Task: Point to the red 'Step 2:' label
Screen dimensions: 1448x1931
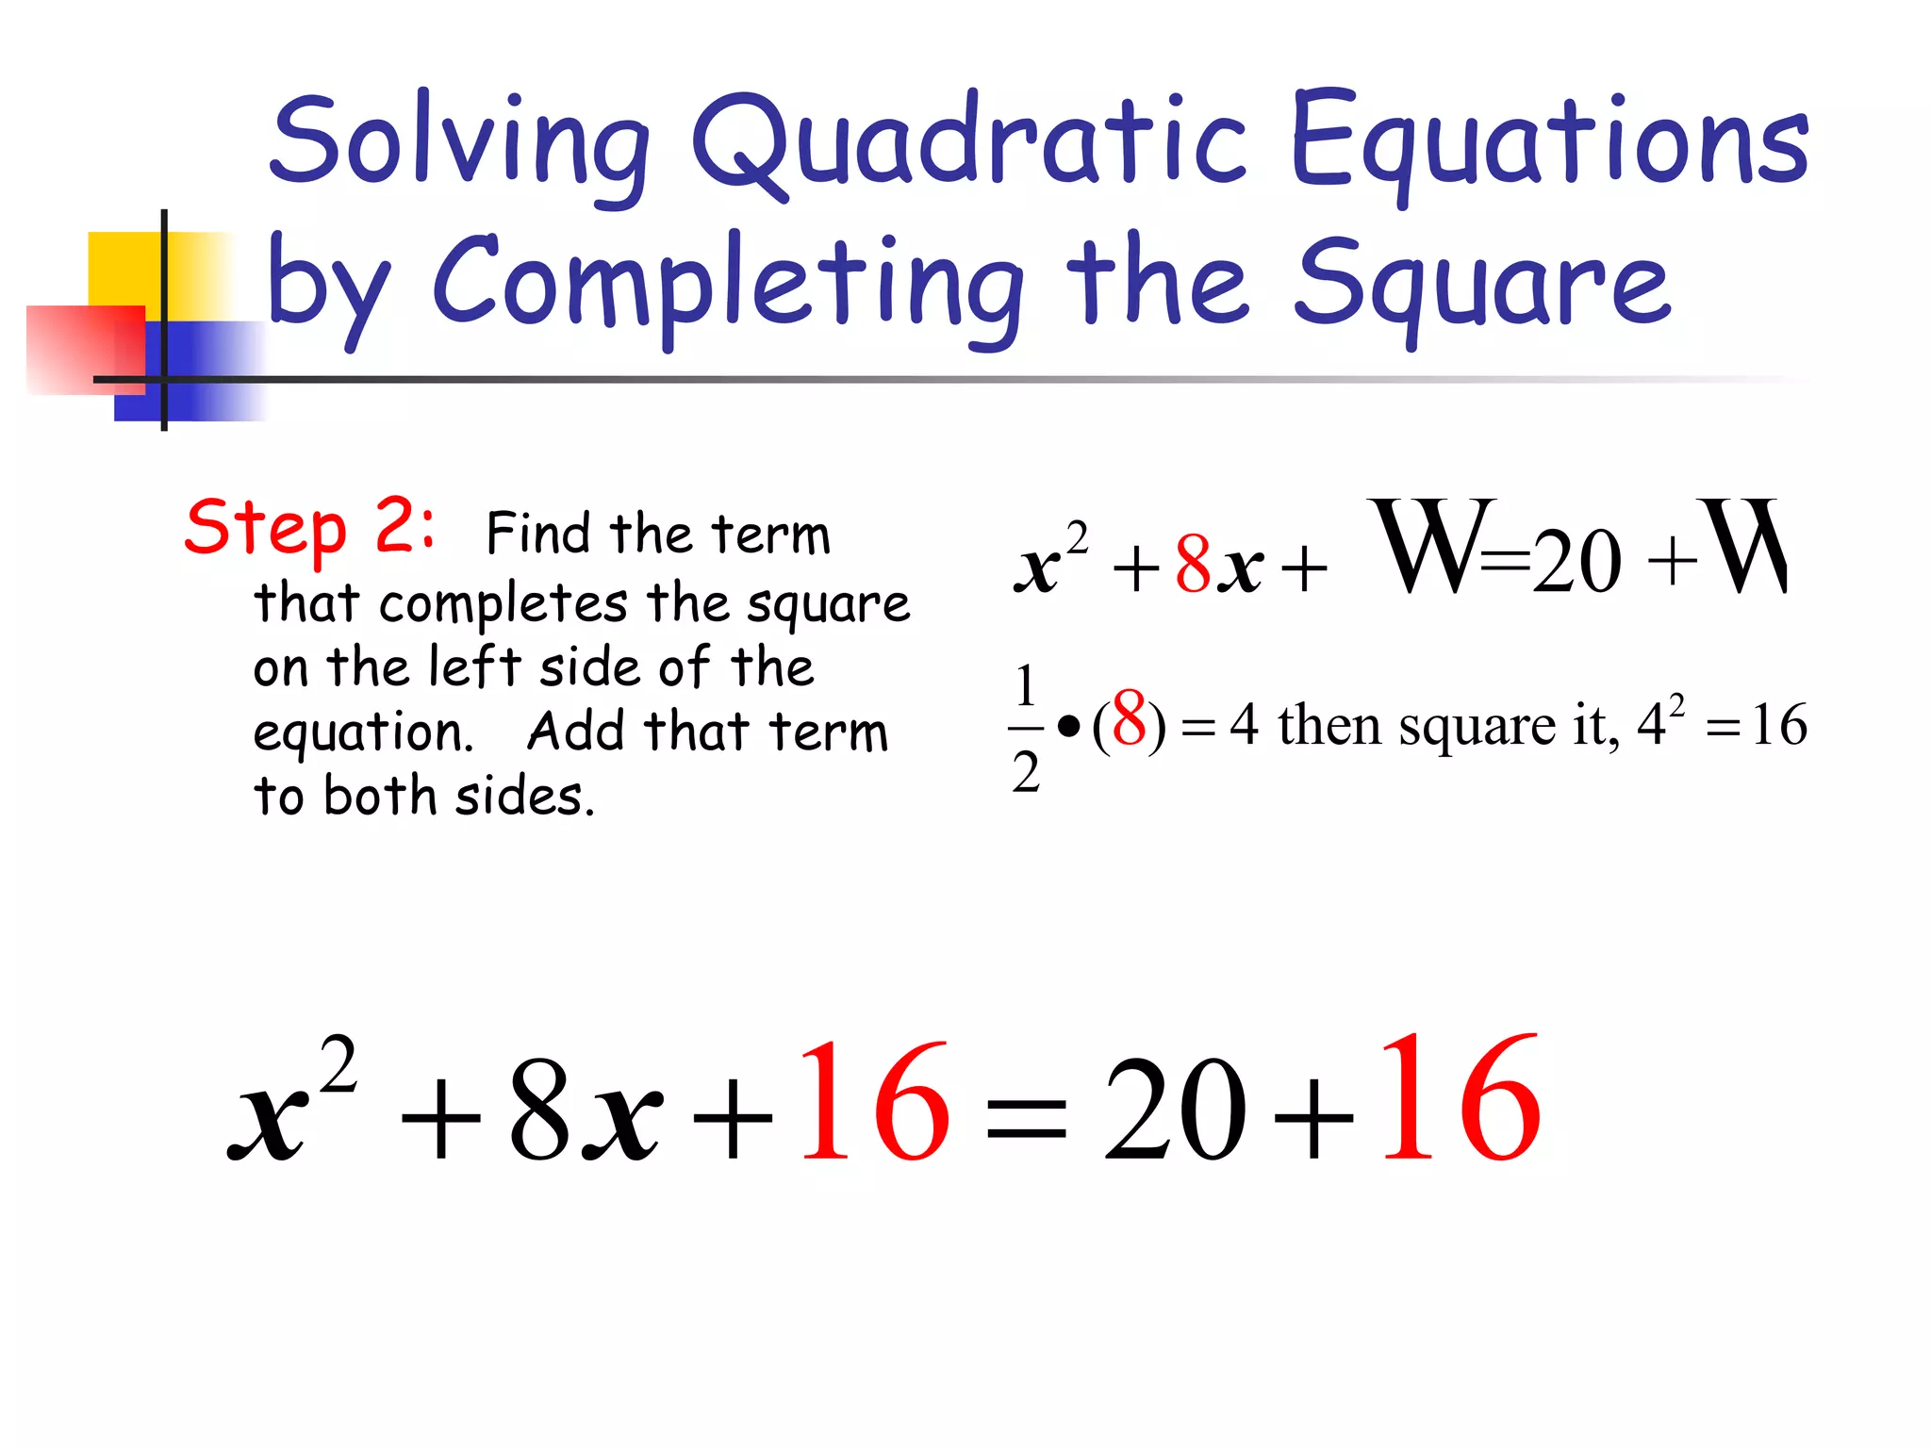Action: [x=309, y=528]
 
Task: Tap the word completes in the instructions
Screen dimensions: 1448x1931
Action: [x=503, y=603]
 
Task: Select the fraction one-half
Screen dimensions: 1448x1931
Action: [x=1026, y=728]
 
